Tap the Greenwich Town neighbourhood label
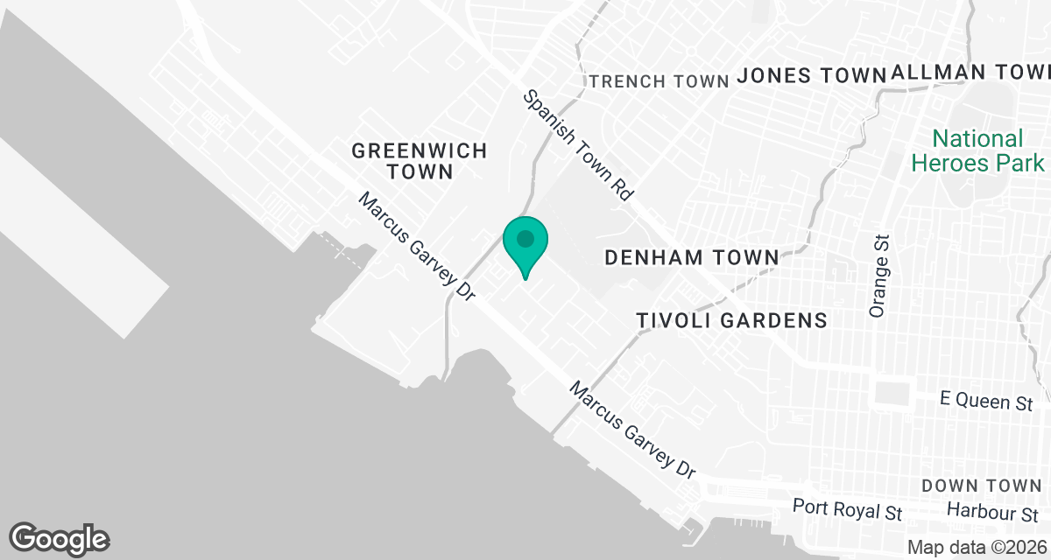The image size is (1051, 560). [419, 161]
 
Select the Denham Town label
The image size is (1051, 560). [692, 257]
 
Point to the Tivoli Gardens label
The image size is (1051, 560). [731, 320]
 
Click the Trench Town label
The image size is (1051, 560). [660, 81]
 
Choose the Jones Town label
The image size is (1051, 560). [812, 76]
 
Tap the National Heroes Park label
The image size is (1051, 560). [977, 150]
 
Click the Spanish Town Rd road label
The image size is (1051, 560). [578, 146]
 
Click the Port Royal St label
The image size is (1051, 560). [847, 507]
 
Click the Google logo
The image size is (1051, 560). [60, 538]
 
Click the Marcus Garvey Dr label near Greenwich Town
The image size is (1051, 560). [416, 248]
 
